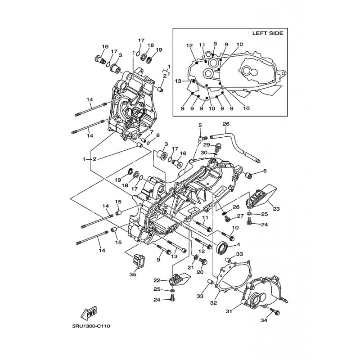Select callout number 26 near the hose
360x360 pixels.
(225, 124)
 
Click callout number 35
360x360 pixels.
(133, 274)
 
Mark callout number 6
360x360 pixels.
(265, 171)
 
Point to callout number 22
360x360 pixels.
(157, 280)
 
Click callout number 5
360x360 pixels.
(200, 125)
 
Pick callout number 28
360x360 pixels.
(236, 207)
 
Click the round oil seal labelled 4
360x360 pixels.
(222, 248)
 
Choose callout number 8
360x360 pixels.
(158, 135)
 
